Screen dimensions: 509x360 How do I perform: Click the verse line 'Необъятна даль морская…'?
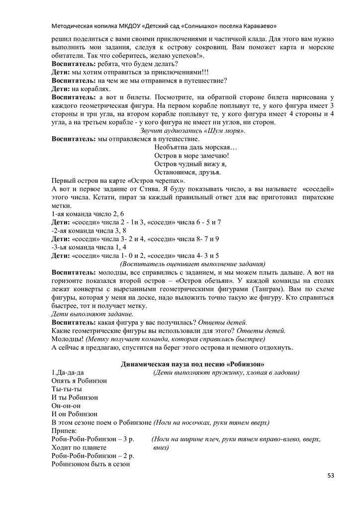[x=196, y=148]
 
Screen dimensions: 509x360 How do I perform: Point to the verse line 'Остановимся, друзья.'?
[x=187, y=172]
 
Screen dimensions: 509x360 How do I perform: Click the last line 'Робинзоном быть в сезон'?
[x=90, y=464]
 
